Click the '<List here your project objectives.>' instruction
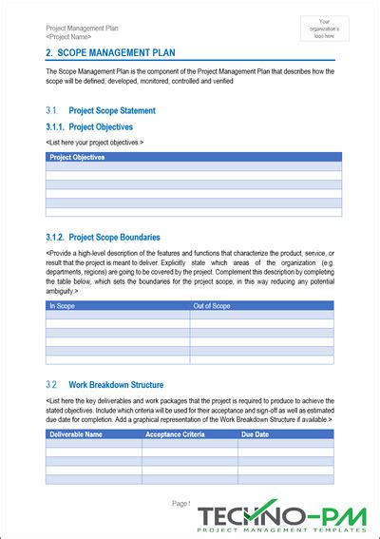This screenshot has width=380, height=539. pos(95,142)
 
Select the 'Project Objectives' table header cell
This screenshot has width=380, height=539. pos(77,157)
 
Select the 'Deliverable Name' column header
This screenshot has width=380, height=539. pos(77,433)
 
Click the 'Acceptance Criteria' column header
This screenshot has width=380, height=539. pos(175,433)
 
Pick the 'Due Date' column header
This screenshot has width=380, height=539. pos(256,433)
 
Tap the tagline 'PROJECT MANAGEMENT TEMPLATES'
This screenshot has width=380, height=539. pos(286,529)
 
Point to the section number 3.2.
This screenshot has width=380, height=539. pos(52,384)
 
